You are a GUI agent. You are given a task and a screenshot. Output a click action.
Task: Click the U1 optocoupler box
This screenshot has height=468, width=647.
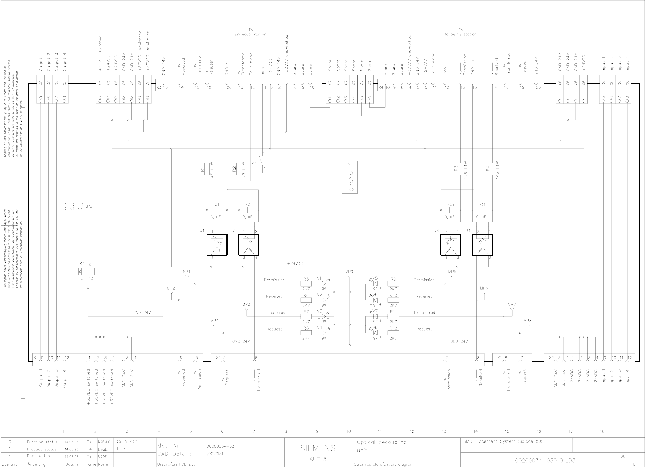click(x=217, y=245)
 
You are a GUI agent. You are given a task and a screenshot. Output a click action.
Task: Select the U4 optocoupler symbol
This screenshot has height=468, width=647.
click(x=482, y=245)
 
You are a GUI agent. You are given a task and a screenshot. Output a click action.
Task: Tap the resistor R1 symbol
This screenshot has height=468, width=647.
click(x=207, y=169)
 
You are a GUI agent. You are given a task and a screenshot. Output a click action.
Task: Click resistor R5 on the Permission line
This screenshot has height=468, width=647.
click(x=306, y=284)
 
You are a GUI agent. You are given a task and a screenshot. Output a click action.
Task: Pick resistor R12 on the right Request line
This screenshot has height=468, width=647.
click(x=393, y=333)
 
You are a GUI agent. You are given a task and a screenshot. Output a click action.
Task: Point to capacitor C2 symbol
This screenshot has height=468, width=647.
click(x=248, y=210)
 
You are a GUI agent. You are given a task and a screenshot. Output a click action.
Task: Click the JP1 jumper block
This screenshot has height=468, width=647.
click(x=350, y=177)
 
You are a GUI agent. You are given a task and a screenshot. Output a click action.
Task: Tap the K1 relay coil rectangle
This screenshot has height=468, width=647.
click(x=86, y=271)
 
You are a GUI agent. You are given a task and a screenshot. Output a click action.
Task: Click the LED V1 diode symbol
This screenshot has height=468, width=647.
click(x=324, y=284)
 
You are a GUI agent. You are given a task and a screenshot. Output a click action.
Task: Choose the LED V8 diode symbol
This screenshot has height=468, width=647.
click(x=375, y=333)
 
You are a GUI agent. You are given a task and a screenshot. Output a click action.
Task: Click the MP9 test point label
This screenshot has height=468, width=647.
click(x=349, y=272)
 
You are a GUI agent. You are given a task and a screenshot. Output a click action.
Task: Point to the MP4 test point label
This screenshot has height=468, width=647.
click(x=214, y=321)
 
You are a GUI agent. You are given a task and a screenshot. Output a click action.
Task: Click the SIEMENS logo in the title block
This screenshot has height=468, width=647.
click(x=318, y=448)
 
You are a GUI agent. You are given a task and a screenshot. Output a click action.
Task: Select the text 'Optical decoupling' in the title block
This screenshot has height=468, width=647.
click(x=382, y=442)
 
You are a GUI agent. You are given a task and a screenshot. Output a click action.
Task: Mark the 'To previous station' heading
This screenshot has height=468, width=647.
click(x=251, y=32)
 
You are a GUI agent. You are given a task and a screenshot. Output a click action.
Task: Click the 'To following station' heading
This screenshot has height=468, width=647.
click(x=460, y=32)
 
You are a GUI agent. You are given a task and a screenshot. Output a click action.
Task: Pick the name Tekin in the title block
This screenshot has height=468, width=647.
click(x=121, y=449)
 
